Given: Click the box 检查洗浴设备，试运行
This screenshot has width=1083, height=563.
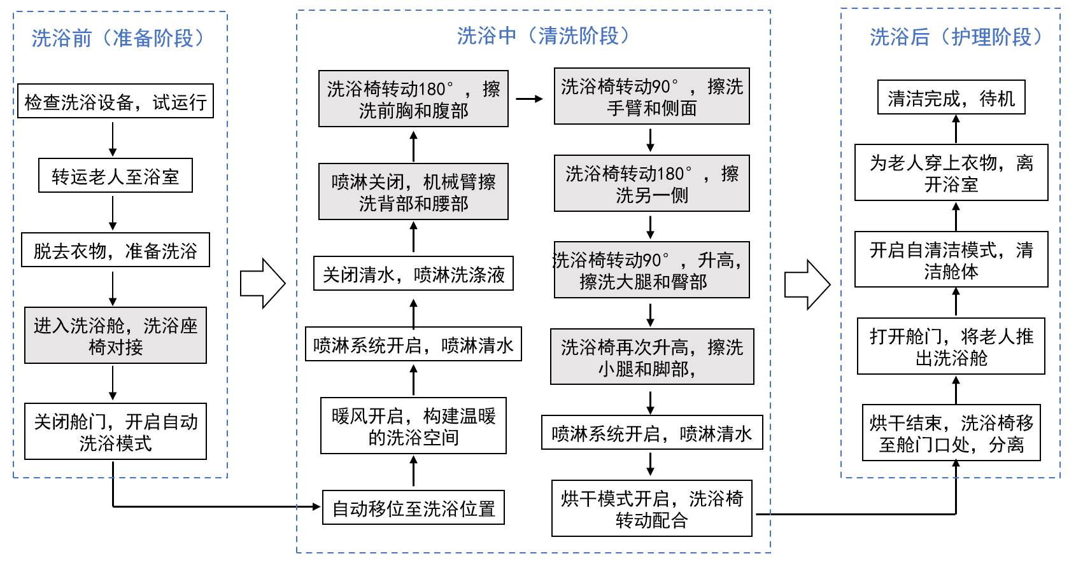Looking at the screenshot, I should [x=115, y=101].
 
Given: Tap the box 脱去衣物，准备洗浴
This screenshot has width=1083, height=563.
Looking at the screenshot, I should [x=115, y=250].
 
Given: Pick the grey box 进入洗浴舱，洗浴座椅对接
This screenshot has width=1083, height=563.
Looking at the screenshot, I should [x=115, y=336].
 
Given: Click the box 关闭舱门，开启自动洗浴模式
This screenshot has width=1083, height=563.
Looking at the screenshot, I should [x=115, y=431].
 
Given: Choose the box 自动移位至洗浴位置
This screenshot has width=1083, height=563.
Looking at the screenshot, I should [x=413, y=508].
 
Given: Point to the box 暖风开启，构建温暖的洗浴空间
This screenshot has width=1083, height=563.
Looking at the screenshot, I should [x=413, y=426].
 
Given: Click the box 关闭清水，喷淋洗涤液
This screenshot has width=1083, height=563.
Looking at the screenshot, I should [x=413, y=274].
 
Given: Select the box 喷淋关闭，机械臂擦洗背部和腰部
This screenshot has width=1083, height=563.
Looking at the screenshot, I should [x=413, y=192].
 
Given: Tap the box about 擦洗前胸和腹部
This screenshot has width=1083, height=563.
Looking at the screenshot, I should [x=413, y=99].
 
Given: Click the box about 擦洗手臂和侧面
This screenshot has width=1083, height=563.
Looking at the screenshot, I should [x=651, y=96].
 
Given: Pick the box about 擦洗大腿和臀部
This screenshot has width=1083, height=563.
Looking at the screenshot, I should [x=651, y=270].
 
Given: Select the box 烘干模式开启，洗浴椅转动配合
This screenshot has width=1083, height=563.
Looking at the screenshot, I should [x=651, y=508].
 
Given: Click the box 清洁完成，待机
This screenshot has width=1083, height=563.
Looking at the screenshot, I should [x=951, y=97].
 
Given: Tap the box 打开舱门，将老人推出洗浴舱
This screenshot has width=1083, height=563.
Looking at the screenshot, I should [x=951, y=346].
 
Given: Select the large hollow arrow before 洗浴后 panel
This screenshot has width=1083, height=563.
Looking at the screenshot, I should [x=807, y=284].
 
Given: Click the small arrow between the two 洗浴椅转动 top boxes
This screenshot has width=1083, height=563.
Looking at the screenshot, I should [x=530, y=99].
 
